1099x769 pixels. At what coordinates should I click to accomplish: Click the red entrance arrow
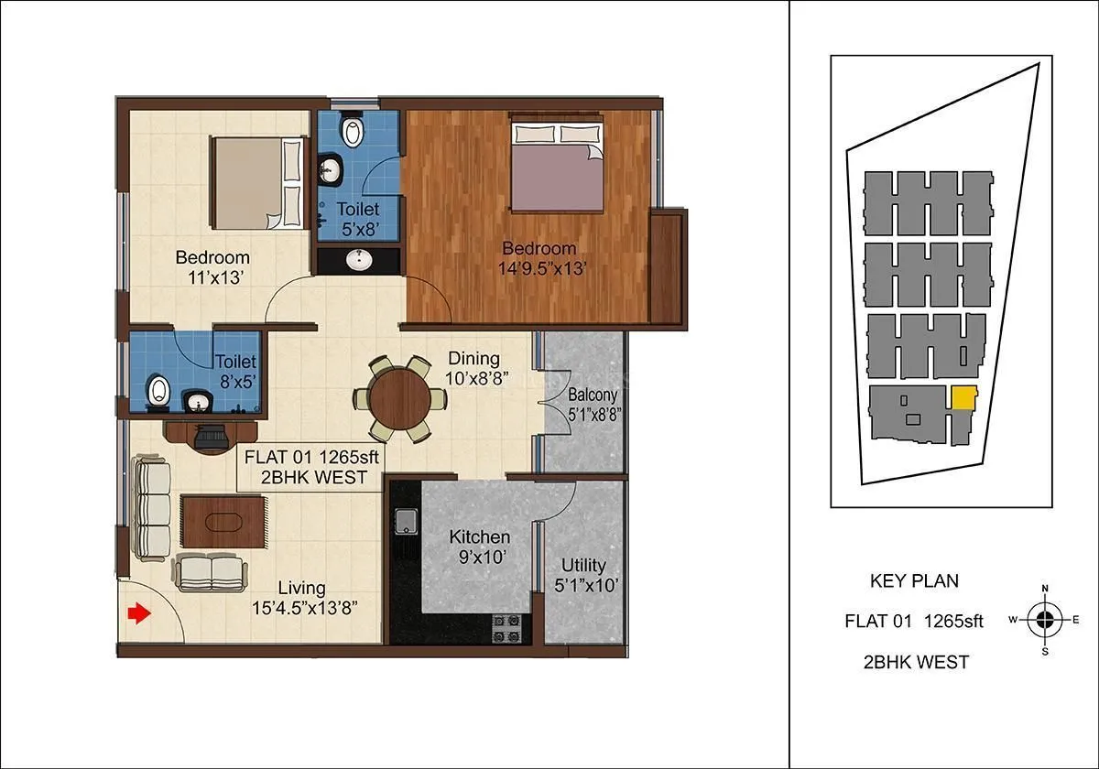138,613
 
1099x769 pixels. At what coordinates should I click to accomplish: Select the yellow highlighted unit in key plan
963,399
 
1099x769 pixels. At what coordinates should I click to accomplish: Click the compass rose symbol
1044,620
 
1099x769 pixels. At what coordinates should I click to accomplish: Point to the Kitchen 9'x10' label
480,546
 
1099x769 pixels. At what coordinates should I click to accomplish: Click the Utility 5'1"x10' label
584,575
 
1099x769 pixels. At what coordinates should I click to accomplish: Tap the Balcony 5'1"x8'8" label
593,404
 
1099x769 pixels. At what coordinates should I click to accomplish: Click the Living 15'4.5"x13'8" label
303,597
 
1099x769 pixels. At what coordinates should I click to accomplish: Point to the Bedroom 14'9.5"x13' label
539,257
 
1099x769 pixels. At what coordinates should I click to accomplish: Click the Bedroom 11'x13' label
212,266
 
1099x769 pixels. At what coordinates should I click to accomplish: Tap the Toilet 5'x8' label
358,219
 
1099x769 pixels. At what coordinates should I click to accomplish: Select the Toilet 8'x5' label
235,372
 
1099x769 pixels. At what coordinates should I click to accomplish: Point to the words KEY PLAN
913,581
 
